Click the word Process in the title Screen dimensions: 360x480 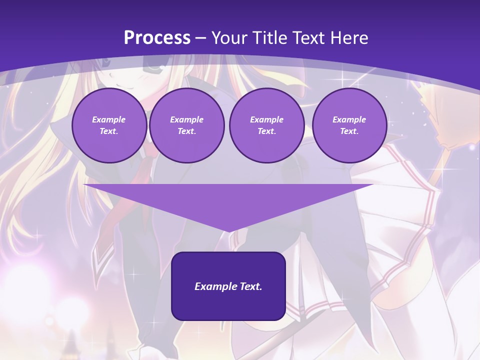(157, 38)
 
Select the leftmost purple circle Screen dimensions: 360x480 (109, 125)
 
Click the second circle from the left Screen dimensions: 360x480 (186, 125)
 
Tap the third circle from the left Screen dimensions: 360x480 (266, 125)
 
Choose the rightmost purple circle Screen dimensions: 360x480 (349, 125)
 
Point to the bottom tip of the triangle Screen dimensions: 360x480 (228, 231)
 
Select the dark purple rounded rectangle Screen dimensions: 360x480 (228, 286)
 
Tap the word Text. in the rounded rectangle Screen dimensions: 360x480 (249, 286)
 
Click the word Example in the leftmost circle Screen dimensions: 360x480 (109, 119)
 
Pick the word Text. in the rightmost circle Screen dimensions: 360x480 (349, 131)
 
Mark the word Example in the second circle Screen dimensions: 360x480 (186, 119)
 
